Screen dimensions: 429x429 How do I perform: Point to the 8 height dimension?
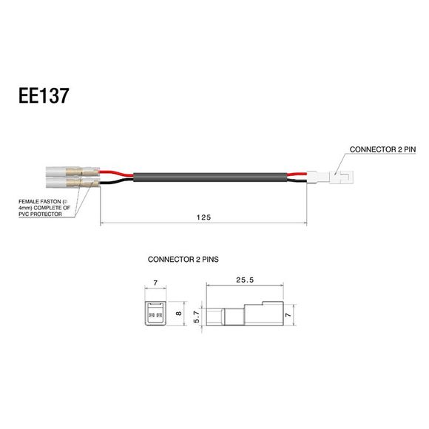[x=178, y=314]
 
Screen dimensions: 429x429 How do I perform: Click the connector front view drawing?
[x=155, y=314]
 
